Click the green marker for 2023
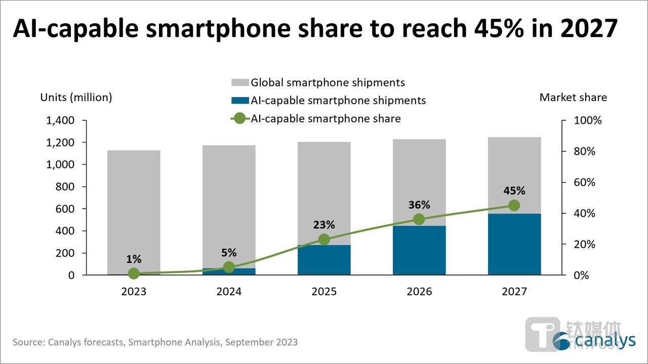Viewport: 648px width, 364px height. pos(134,274)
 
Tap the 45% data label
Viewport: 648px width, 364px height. pos(514,191)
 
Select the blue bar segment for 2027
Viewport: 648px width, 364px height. pos(514,244)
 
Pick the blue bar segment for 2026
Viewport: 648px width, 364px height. pos(419,250)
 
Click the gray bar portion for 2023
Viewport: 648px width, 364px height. pos(134,212)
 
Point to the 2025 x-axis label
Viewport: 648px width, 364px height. pos(324,292)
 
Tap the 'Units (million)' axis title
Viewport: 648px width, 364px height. pos(76,98)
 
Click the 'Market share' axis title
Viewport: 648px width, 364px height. pos(573,98)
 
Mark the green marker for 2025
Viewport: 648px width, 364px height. pos(324,240)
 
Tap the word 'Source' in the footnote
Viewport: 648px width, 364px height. pos(27,342)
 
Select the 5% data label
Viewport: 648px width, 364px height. pos(229,253)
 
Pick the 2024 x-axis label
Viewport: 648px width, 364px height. pos(229,292)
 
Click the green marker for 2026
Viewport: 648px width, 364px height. pos(419,219)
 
